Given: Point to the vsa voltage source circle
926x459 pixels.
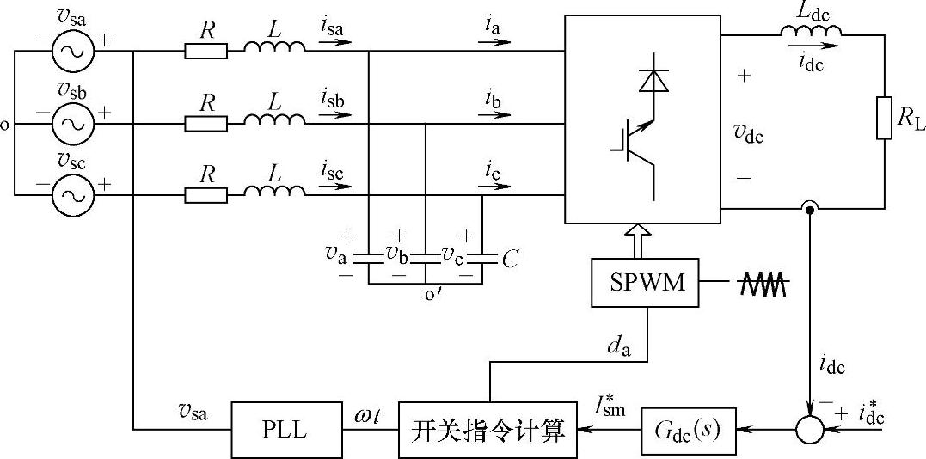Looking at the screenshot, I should coord(71,52).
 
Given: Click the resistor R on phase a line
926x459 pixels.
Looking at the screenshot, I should coord(206,52).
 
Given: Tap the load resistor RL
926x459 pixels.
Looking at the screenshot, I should coord(885,118).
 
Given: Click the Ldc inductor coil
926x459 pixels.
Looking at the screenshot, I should coord(811,32).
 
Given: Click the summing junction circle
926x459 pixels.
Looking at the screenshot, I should coord(809,427).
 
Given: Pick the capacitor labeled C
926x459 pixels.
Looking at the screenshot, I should coord(483,256).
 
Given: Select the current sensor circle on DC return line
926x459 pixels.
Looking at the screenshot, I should coord(809,208).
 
